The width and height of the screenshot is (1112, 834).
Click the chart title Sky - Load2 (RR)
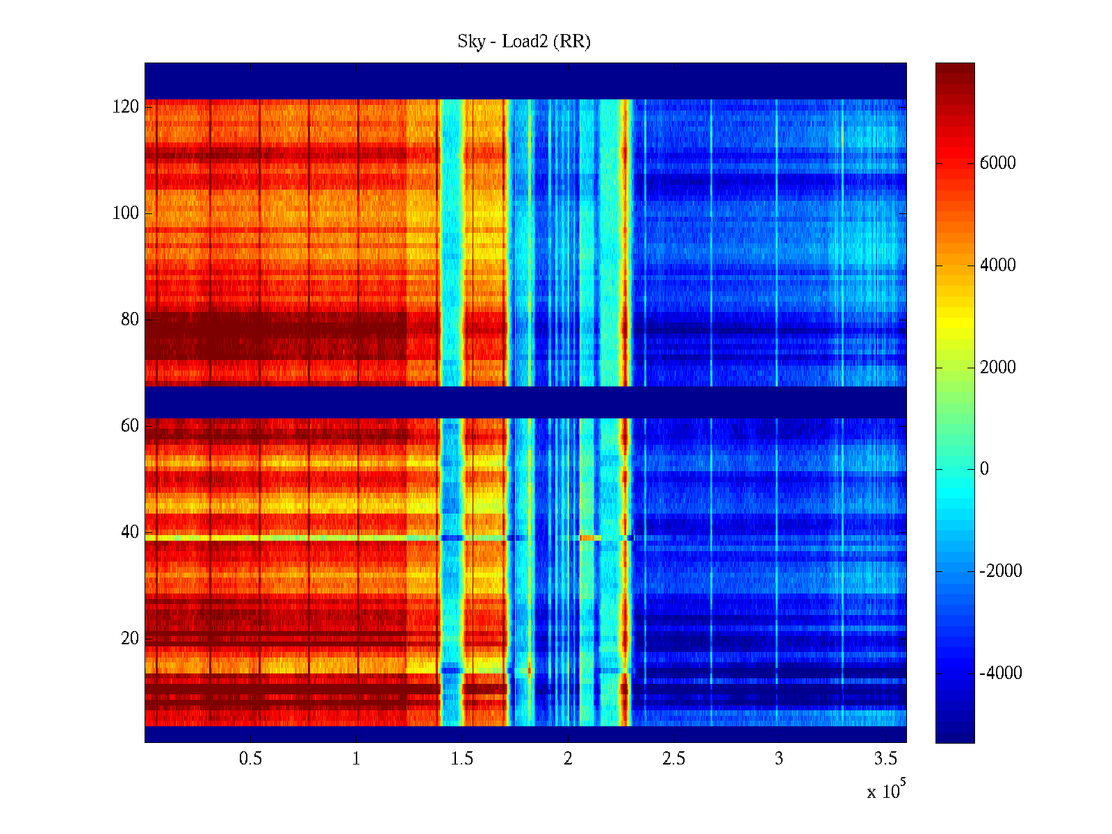tap(524, 42)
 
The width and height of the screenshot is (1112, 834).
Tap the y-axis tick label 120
tap(126, 107)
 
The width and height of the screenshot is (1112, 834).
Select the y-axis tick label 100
tap(126, 213)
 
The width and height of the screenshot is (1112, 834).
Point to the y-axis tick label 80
tap(130, 320)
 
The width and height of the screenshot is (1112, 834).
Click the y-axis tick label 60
tap(130, 426)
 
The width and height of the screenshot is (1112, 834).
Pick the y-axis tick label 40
tap(130, 532)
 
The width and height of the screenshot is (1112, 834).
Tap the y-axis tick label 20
tap(130, 639)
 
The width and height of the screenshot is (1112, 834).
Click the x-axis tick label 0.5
tap(250, 759)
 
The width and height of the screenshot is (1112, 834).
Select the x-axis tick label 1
tap(356, 759)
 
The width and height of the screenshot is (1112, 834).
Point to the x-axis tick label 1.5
tap(462, 759)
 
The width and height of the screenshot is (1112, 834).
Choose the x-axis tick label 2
tap(568, 759)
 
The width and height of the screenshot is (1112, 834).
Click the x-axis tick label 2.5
tap(673, 759)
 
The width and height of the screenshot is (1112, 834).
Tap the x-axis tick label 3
tap(779, 759)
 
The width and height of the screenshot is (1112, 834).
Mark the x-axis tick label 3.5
tap(885, 759)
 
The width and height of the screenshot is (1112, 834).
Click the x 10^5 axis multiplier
tap(886, 791)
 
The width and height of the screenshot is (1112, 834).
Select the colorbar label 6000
tap(997, 163)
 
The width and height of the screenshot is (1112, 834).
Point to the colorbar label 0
tap(984, 469)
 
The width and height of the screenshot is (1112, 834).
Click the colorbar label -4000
tap(1000, 673)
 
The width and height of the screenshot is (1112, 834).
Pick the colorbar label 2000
tap(997, 368)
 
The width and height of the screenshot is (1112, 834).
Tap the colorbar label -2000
tap(1000, 571)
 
